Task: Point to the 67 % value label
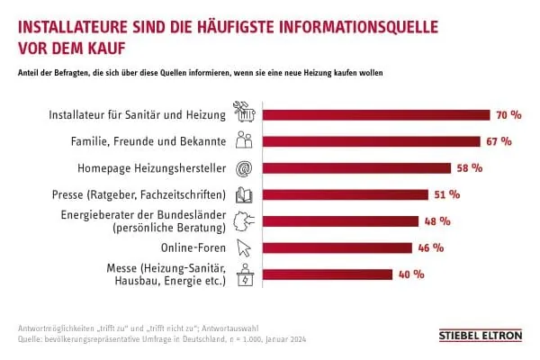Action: (x=499, y=141)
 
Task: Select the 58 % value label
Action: (x=470, y=167)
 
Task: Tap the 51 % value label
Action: (x=447, y=194)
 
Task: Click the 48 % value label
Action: (x=437, y=221)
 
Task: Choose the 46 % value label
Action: (x=430, y=247)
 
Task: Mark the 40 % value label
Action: (x=410, y=274)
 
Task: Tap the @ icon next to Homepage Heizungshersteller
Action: (x=244, y=167)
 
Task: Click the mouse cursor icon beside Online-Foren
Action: (x=244, y=247)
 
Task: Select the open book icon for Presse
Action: (x=244, y=194)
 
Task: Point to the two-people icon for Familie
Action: (x=244, y=141)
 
